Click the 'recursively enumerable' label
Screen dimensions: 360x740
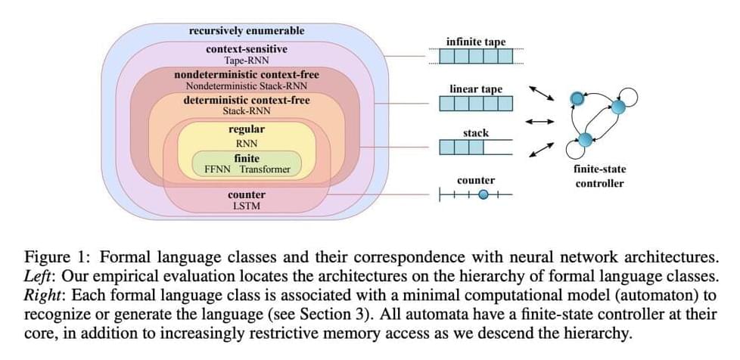(247, 31)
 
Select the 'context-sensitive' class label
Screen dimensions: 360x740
(247, 49)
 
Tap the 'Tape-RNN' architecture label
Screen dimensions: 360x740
(247, 60)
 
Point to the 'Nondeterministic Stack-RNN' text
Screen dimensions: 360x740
(247, 86)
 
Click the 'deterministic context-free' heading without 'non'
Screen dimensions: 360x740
(247, 100)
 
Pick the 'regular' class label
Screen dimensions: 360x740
(247, 129)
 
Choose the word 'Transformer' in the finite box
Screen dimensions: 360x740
(266, 169)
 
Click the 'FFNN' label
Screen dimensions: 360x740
(219, 169)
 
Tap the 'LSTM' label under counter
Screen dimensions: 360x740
(247, 206)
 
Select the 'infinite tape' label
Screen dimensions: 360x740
(476, 42)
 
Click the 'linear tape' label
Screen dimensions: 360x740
(476, 88)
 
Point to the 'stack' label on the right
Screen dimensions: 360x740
(476, 133)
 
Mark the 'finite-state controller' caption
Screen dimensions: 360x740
(599, 176)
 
